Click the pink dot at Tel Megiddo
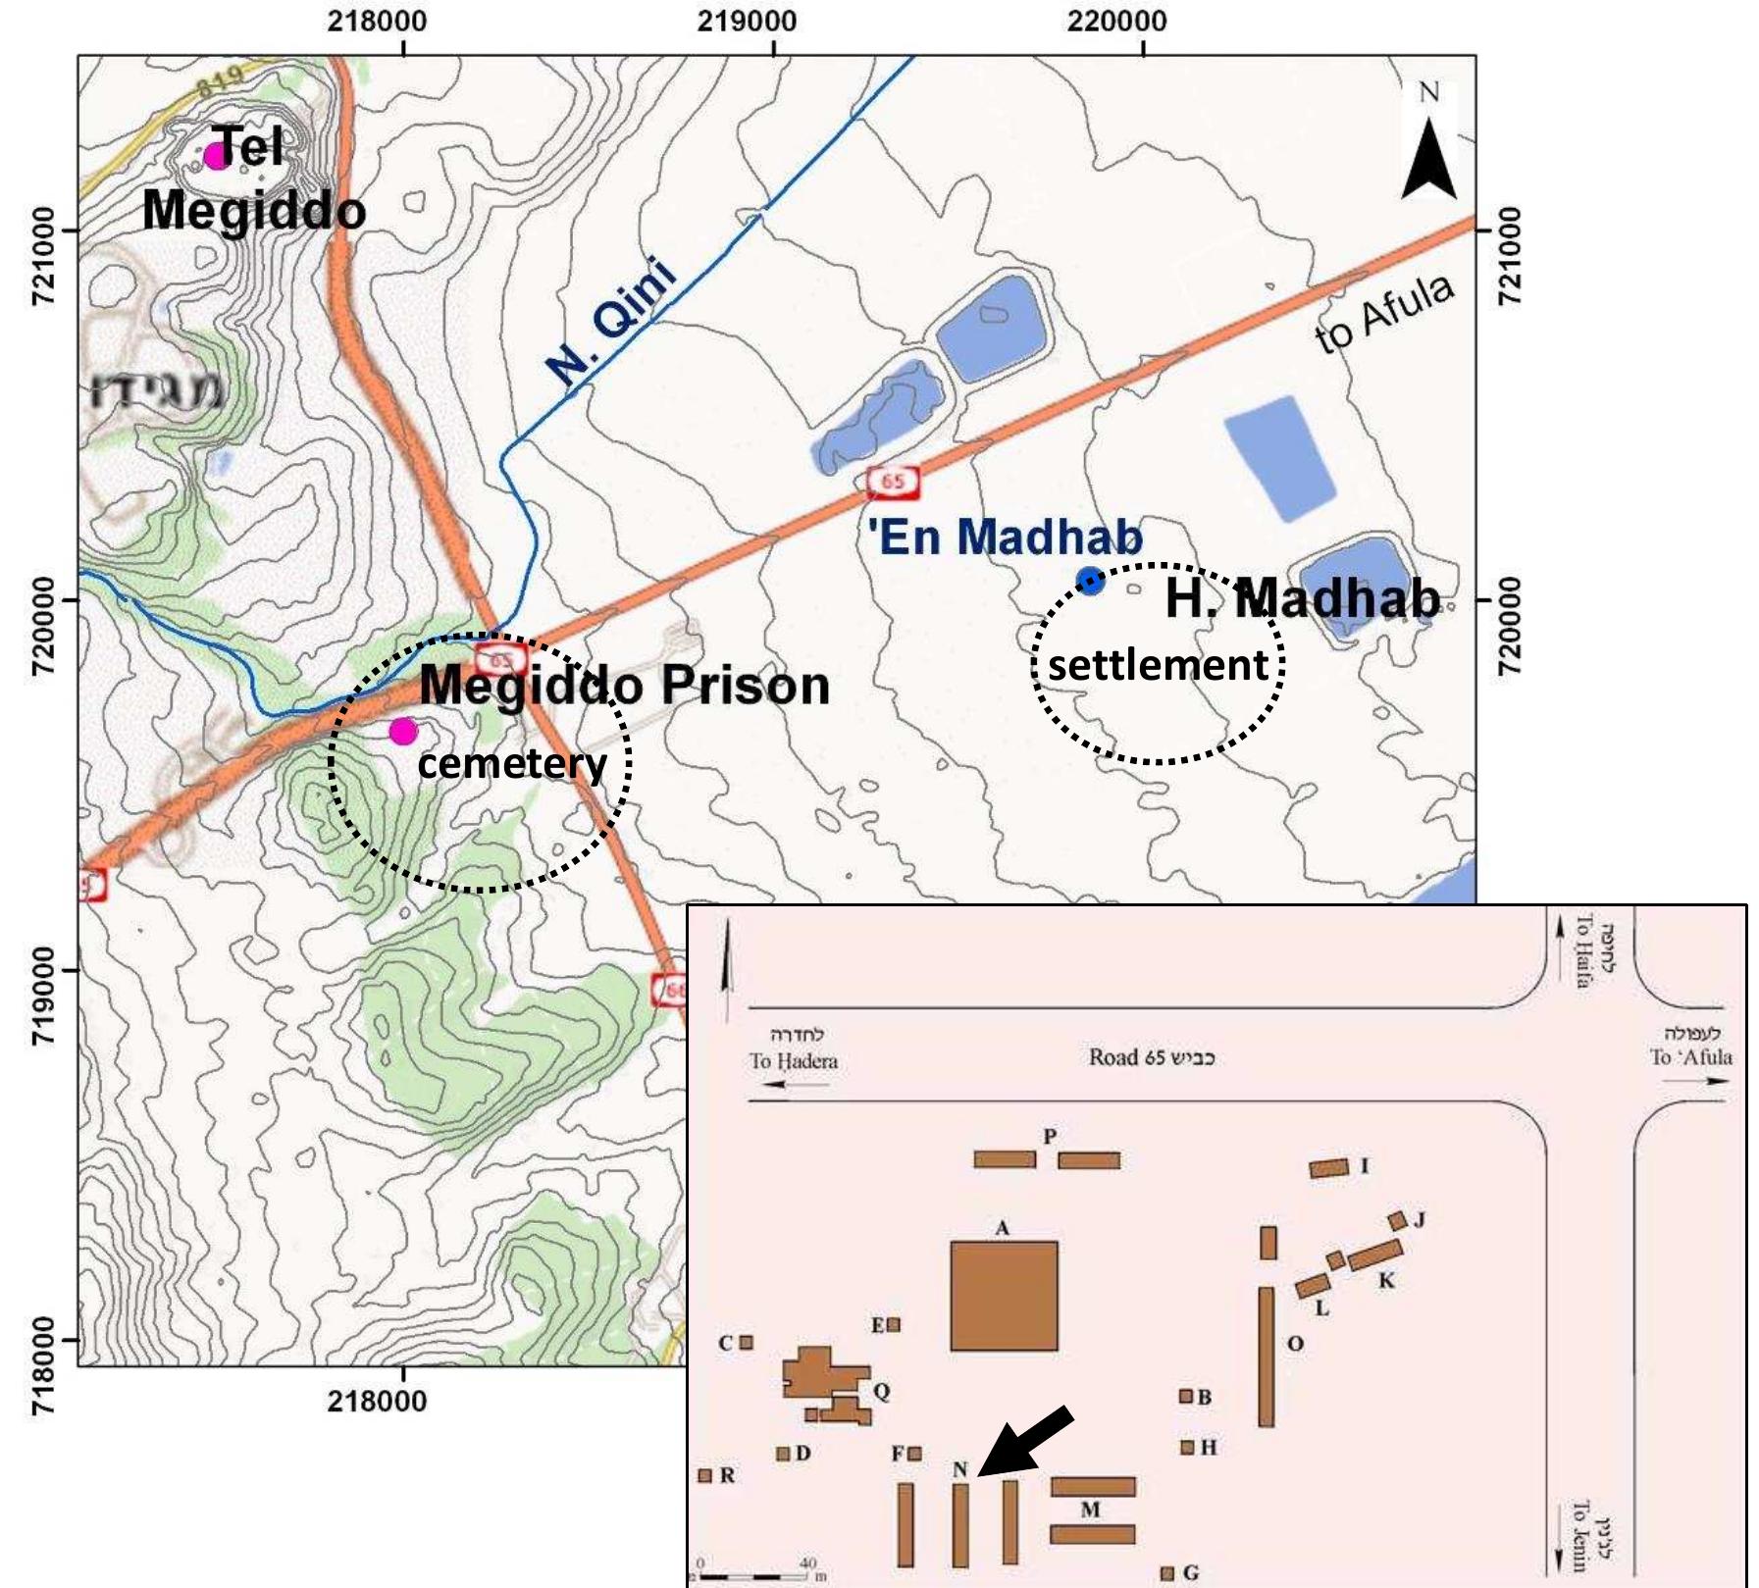(x=216, y=155)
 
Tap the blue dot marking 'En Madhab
(x=1090, y=581)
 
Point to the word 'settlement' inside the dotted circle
(x=1158, y=666)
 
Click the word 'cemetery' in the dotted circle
(x=512, y=764)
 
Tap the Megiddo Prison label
(x=624, y=685)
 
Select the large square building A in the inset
(x=1004, y=1296)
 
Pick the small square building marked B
(x=1186, y=1396)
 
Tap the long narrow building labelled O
(x=1267, y=1357)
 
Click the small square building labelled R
(x=704, y=1475)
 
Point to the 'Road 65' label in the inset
(x=1151, y=1057)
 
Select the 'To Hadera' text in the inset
(x=794, y=1060)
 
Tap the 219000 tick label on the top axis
(x=747, y=21)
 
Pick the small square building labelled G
(x=1166, y=1573)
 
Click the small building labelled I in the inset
(x=1329, y=1168)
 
